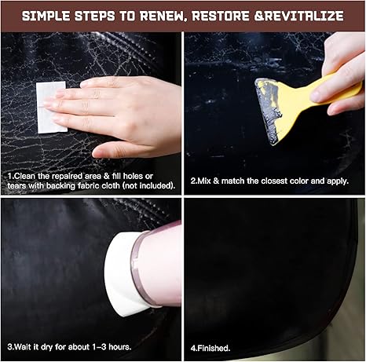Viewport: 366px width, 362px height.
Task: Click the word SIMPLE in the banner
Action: tap(46, 16)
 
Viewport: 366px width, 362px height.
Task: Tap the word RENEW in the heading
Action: tap(164, 16)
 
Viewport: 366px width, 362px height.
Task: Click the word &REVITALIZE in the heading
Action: tap(299, 16)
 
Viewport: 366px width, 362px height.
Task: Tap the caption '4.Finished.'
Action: tap(210, 348)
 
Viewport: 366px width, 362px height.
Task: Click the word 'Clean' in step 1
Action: tap(25, 176)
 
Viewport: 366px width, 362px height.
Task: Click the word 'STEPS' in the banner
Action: tap(95, 16)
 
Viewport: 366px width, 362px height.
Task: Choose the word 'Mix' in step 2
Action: tap(204, 181)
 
